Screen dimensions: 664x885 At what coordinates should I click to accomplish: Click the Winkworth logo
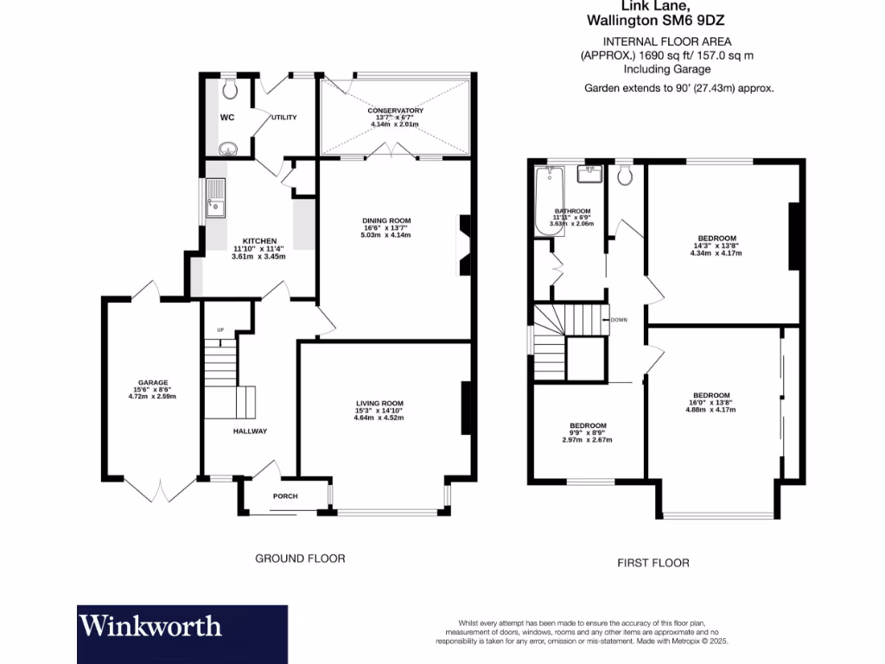coord(150,626)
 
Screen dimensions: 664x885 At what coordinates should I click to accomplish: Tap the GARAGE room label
coord(153,382)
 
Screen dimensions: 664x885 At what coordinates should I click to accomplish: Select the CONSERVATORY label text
coord(395,111)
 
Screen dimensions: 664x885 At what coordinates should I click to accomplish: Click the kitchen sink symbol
coord(215,198)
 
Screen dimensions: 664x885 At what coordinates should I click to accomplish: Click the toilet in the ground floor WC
coord(230,89)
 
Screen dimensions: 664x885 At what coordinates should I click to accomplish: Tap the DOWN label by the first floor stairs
coord(618,319)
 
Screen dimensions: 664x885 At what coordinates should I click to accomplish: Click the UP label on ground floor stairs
coord(220,330)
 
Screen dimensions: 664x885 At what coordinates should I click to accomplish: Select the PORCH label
coord(285,496)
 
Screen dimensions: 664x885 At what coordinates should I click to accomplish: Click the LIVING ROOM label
coord(379,403)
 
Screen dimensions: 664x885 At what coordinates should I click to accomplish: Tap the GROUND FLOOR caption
coord(300,559)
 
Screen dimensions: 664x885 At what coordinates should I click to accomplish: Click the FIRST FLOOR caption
coord(653,563)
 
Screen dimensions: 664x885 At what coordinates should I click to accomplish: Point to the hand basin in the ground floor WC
coord(227,148)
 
